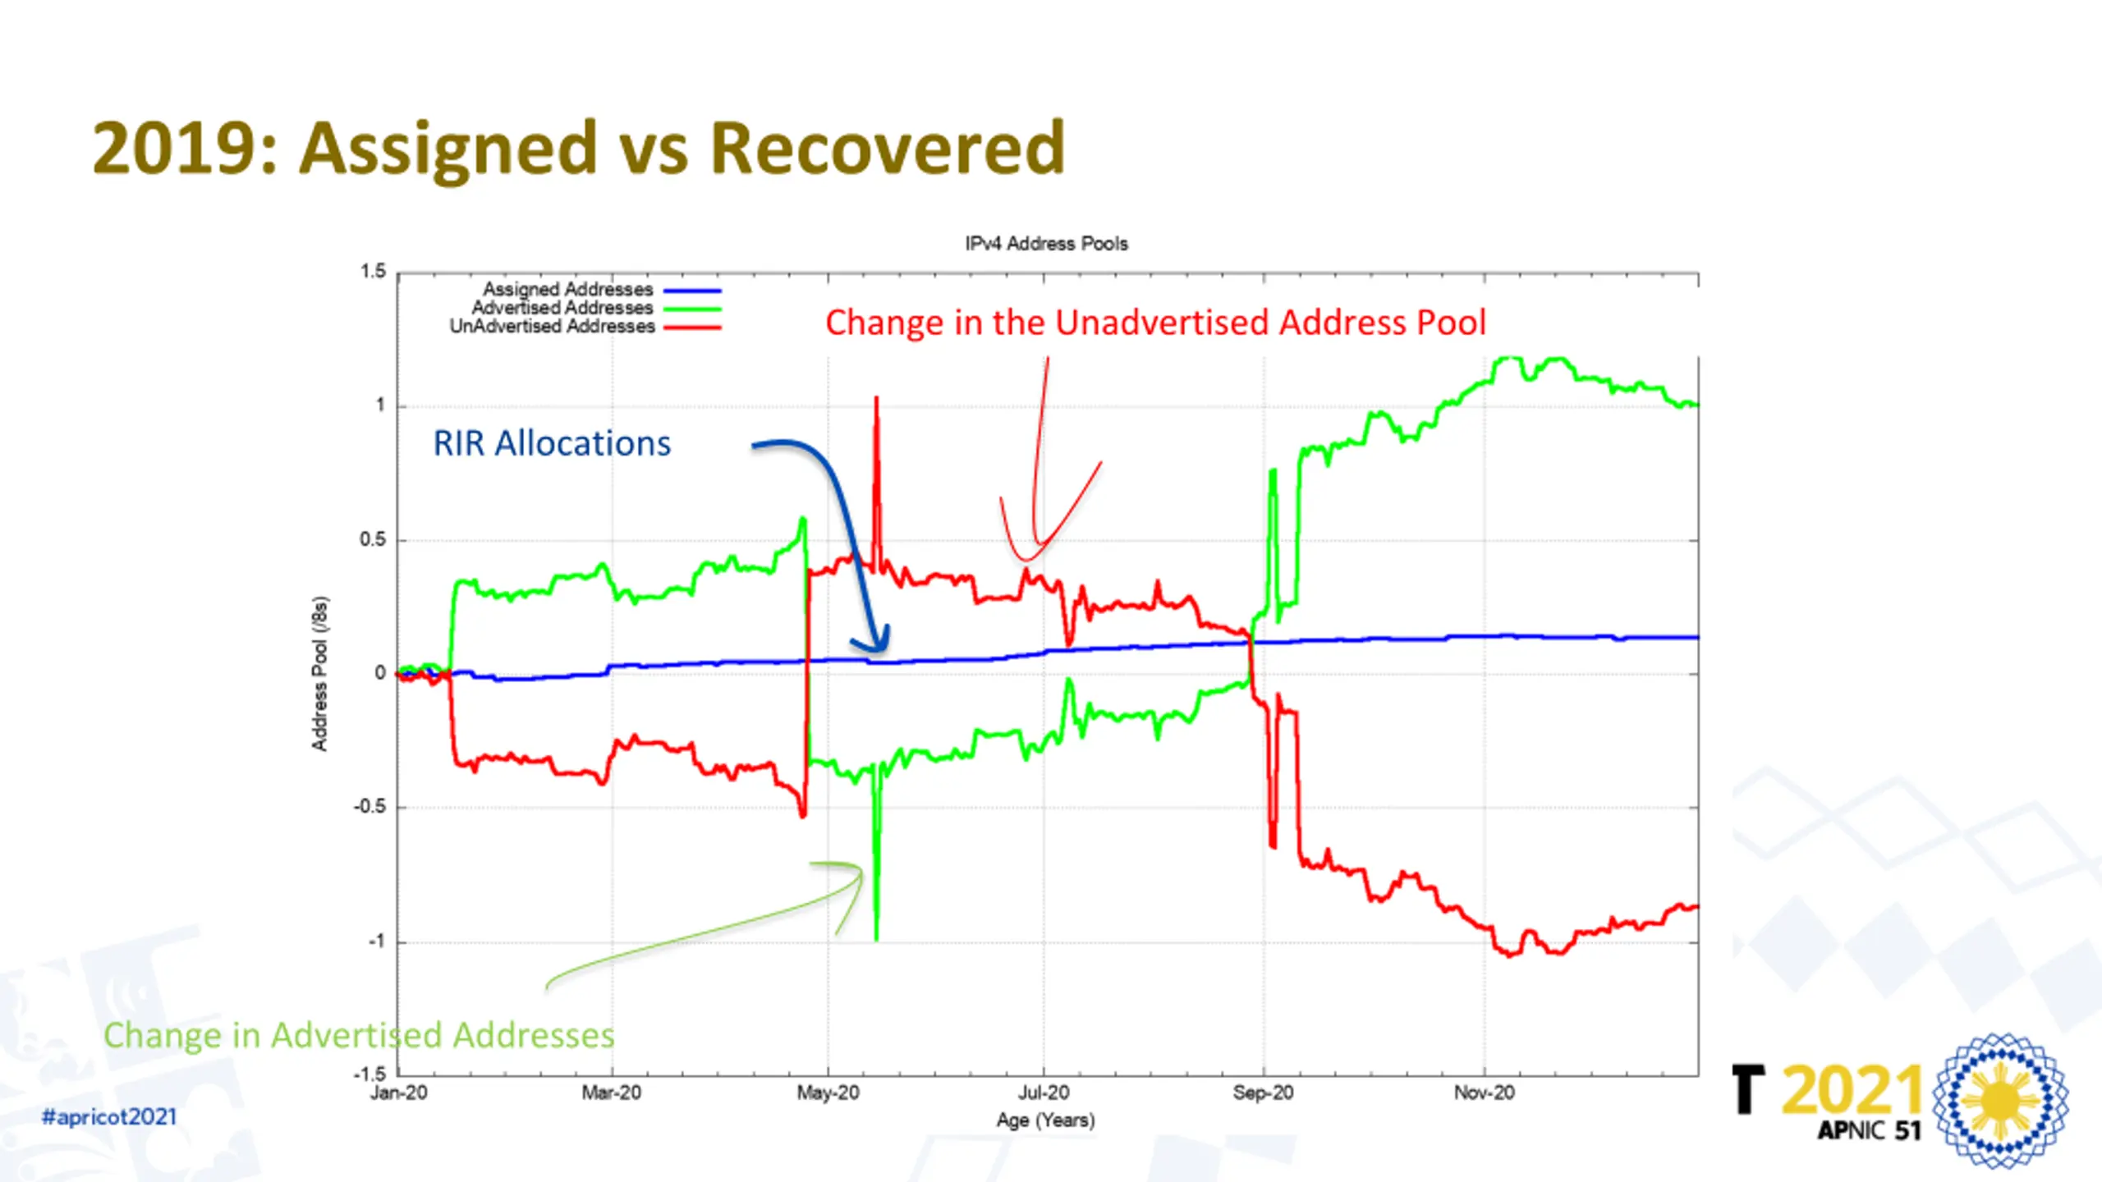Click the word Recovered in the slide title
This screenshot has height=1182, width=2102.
pyautogui.click(x=887, y=148)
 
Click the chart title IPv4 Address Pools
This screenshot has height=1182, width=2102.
pyautogui.click(x=1046, y=244)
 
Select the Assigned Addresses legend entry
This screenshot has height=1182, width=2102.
pyautogui.click(x=568, y=290)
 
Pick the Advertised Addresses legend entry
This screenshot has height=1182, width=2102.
pyautogui.click(x=562, y=308)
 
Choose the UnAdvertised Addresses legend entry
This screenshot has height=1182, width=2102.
pyautogui.click(x=552, y=327)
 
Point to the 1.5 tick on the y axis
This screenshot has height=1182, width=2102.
pyautogui.click(x=373, y=272)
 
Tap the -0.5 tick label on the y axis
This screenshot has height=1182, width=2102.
pyautogui.click(x=369, y=807)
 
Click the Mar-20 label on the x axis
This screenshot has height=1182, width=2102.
pyautogui.click(x=611, y=1093)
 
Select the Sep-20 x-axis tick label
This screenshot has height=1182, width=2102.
pyautogui.click(x=1263, y=1093)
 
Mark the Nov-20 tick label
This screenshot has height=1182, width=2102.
pyautogui.click(x=1484, y=1093)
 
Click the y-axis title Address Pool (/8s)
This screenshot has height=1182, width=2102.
pyautogui.click(x=319, y=673)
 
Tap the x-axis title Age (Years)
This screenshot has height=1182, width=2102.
pyautogui.click(x=1045, y=1120)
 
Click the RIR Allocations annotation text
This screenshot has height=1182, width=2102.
pyautogui.click(x=552, y=444)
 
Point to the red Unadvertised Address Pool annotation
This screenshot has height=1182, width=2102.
pyautogui.click(x=1155, y=323)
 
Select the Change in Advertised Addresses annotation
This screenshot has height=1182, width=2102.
pyautogui.click(x=359, y=1036)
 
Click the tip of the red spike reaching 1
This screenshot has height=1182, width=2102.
pyautogui.click(x=876, y=399)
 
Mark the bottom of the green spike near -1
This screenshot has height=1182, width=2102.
pyautogui.click(x=876, y=938)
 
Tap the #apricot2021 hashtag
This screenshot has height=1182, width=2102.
pyautogui.click(x=109, y=1117)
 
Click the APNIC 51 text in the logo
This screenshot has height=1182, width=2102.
pyautogui.click(x=1869, y=1131)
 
